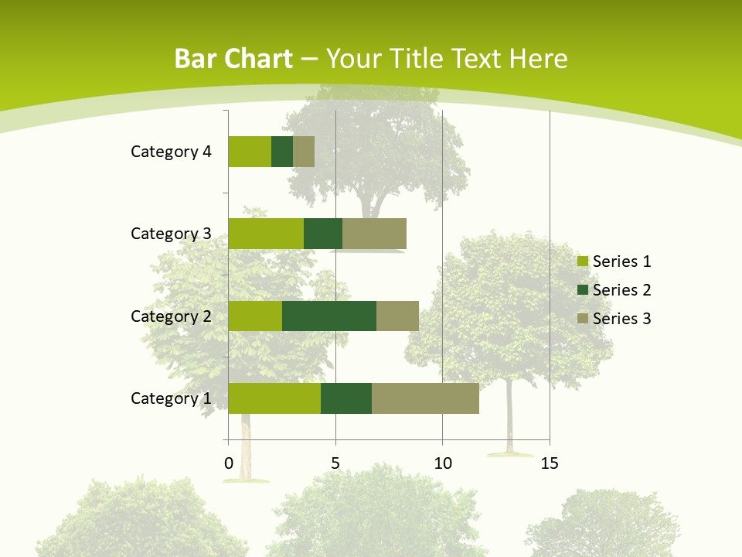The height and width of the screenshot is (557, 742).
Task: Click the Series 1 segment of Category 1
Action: tap(274, 398)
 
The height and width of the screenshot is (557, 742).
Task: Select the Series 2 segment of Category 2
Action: tap(329, 316)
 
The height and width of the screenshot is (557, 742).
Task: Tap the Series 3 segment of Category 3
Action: tap(374, 234)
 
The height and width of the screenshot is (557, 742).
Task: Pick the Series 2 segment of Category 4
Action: tap(282, 152)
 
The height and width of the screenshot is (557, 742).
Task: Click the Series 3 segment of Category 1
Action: tap(425, 398)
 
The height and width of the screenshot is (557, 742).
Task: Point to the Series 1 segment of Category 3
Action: tap(266, 234)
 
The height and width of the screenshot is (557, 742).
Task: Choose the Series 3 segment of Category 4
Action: tap(304, 152)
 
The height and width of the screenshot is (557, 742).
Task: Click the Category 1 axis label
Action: tap(171, 398)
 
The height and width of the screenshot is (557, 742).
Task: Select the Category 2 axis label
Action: tap(171, 316)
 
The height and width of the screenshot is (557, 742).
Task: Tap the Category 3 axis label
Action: tap(171, 234)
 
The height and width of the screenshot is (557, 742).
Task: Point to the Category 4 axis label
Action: tap(171, 152)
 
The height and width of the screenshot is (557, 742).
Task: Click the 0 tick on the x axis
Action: tap(229, 464)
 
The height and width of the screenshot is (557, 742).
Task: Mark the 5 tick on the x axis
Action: tap(335, 464)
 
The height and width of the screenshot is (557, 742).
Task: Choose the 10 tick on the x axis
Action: tap(442, 464)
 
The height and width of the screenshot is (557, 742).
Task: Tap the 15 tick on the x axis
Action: tap(550, 464)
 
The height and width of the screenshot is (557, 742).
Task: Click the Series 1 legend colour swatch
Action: tap(582, 261)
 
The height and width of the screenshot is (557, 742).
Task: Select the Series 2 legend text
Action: tap(621, 290)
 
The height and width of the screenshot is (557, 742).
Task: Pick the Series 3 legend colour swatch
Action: tap(582, 319)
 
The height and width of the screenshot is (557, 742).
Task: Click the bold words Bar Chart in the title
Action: tap(233, 59)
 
